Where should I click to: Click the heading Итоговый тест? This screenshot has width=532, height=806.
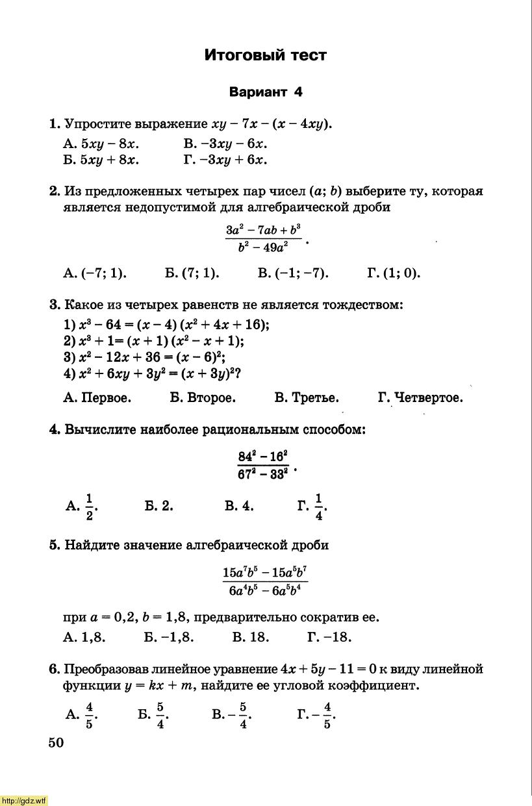coord(265,56)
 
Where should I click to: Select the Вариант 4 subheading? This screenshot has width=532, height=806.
coord(266,92)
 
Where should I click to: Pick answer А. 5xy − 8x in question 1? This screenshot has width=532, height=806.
coord(101,144)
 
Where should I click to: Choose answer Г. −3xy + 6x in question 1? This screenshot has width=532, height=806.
coord(225,160)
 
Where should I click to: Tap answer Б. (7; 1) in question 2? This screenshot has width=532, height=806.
coord(192,273)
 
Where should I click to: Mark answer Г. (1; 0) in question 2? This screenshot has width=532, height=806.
coord(394,273)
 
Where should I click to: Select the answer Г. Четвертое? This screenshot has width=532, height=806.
coord(420,397)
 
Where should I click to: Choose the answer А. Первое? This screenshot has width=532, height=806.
coord(97,397)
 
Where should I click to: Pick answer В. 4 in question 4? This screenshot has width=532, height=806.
coord(239,506)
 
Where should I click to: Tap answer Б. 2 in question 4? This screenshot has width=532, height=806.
coord(159,506)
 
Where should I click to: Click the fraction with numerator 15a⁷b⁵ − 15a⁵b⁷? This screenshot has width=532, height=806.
coord(265,581)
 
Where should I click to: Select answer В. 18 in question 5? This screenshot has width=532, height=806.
coord(250,637)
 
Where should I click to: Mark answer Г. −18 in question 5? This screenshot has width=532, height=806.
coord(329,637)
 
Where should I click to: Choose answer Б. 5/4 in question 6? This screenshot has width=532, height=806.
coord(153,716)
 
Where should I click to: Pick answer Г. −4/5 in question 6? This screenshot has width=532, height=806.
coord(316,716)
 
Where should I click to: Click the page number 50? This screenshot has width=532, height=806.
coord(56,743)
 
